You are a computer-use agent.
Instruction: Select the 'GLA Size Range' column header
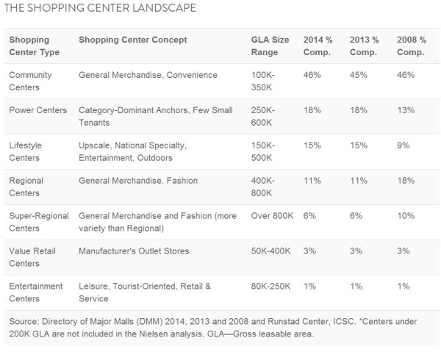[x=269, y=46]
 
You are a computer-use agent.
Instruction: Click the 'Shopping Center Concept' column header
[x=133, y=40]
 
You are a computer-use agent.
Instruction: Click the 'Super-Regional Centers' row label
[x=39, y=222]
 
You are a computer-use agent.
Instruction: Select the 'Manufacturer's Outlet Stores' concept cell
[x=134, y=251]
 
